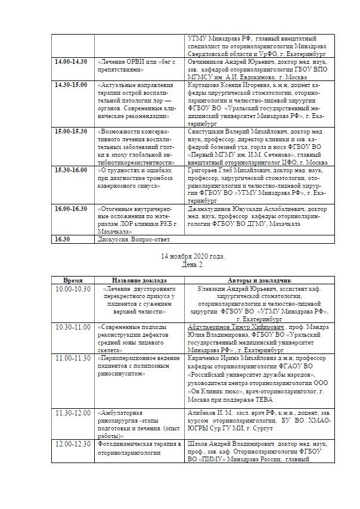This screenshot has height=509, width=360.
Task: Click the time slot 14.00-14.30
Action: tap(71, 61)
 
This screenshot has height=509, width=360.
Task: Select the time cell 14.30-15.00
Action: tap(71, 85)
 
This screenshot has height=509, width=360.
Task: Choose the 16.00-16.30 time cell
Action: tap(71, 209)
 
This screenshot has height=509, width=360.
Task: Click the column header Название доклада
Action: tap(139, 280)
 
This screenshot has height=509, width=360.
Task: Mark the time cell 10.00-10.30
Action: tap(73, 288)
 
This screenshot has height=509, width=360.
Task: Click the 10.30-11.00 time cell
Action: tap(73, 327)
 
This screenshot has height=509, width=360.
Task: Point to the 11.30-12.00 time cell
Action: tap(73, 412)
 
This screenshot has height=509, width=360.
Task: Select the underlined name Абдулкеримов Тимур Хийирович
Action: tap(235, 327)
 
